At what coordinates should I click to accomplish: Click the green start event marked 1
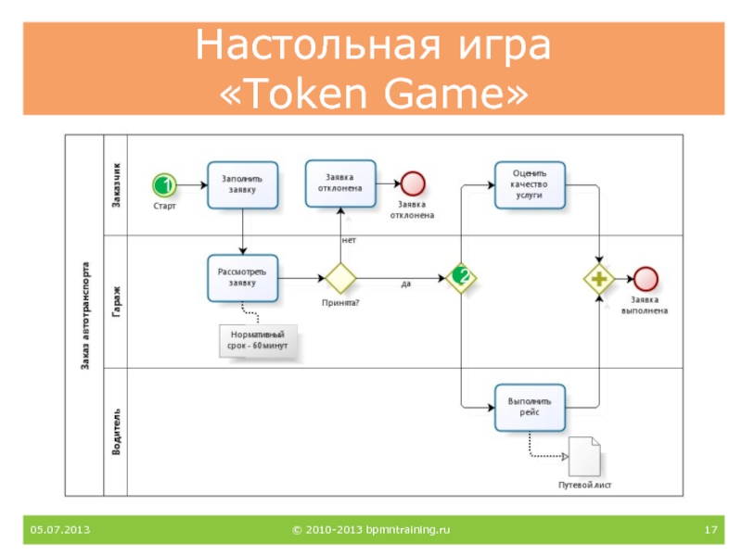point(164,184)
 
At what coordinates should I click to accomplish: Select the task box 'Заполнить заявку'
point(242,184)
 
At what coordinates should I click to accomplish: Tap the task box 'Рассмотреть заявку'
point(242,278)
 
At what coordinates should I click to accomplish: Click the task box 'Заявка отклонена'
point(340,183)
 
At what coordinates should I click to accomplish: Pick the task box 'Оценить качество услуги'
point(530,184)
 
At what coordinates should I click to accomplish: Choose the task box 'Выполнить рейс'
point(530,408)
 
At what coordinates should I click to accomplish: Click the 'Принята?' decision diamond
point(340,278)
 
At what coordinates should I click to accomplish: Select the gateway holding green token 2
point(461,278)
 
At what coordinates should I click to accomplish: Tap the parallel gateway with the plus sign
point(599,279)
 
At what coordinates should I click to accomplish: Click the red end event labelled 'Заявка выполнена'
point(646,279)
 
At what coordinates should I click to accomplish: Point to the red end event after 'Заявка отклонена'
point(413,183)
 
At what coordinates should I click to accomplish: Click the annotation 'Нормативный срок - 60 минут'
point(258,340)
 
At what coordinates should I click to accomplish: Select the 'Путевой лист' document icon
point(584,456)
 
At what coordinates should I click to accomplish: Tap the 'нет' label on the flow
point(349,240)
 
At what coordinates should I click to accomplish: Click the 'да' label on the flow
point(406,284)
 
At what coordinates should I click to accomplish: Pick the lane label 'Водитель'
point(116,432)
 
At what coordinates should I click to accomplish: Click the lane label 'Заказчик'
point(116,184)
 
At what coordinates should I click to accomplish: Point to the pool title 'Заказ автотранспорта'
point(85,315)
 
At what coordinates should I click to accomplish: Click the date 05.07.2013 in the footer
point(60,529)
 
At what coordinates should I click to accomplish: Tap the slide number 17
point(710,529)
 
